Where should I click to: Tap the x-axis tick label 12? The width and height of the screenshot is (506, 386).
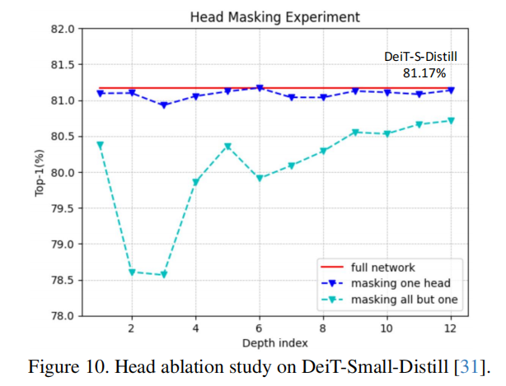pyautogui.click(x=450, y=328)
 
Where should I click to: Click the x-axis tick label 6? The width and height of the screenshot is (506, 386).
pyautogui.click(x=259, y=328)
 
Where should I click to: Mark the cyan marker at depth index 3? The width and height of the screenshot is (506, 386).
pyautogui.click(x=163, y=275)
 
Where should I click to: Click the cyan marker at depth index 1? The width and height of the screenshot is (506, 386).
pyautogui.click(x=100, y=146)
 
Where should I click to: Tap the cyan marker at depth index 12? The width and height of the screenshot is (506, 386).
pyautogui.click(x=450, y=121)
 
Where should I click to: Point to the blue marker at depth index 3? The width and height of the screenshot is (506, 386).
pyautogui.click(x=163, y=105)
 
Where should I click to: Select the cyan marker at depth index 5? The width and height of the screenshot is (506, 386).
pyautogui.click(x=227, y=147)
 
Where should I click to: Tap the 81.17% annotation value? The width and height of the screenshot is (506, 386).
pyautogui.click(x=421, y=72)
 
